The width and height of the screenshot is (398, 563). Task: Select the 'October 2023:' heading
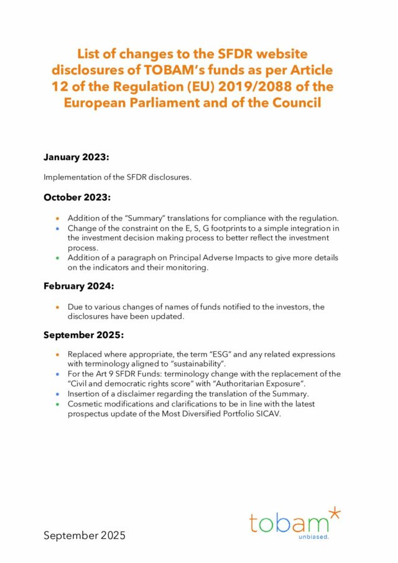77,198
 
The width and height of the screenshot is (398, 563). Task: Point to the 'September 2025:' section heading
83,335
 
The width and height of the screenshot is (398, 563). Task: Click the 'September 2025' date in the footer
84,535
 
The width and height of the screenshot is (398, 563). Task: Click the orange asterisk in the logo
335,513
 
